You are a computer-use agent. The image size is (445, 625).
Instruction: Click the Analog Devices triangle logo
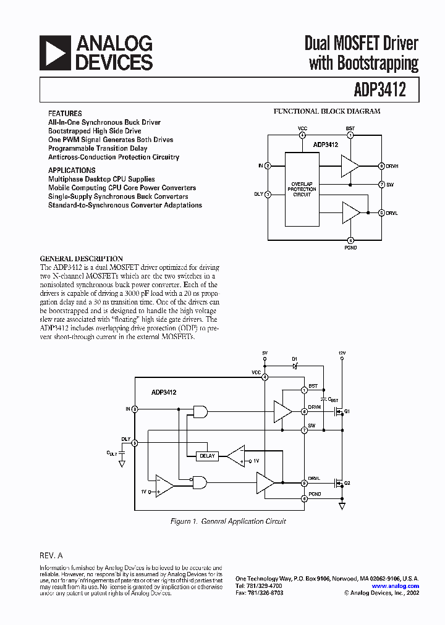point(54,52)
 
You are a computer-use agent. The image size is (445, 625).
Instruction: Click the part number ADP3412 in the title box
point(381,90)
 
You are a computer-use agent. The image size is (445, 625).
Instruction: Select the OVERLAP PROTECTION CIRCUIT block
point(302,189)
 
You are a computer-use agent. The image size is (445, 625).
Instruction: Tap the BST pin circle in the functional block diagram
point(350,135)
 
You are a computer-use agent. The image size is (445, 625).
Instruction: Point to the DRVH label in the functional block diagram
point(392,166)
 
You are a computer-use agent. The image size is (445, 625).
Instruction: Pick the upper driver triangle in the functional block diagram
point(350,166)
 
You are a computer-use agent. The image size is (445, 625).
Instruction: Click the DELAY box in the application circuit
point(207,456)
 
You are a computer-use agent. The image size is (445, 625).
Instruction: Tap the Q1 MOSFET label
point(347,411)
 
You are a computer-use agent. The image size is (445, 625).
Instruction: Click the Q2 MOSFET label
point(347,483)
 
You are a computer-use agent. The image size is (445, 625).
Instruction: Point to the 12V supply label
point(342,353)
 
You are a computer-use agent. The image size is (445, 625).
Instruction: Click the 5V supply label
point(265,353)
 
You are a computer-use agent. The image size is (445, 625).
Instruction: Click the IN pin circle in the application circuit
point(135,409)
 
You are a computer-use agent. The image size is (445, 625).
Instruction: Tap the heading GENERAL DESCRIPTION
point(82,259)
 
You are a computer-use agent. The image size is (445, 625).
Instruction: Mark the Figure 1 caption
point(228,521)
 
